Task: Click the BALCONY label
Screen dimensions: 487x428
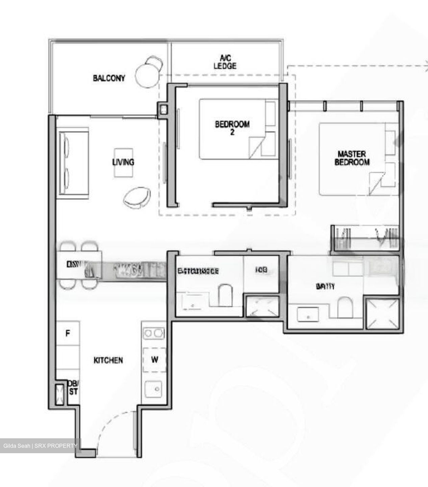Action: click(x=109, y=78)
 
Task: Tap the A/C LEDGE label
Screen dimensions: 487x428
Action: click(x=225, y=62)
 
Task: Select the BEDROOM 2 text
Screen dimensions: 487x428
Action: click(x=232, y=128)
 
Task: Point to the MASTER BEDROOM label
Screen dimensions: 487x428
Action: click(x=352, y=158)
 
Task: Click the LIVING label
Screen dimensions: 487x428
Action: click(x=123, y=162)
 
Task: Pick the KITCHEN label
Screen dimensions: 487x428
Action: click(x=108, y=360)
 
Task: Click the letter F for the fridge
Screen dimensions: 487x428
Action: click(x=68, y=333)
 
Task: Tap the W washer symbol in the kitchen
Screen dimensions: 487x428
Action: click(x=154, y=359)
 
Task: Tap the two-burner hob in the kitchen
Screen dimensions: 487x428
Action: click(x=153, y=333)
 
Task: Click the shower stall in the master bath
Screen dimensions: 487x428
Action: click(x=382, y=314)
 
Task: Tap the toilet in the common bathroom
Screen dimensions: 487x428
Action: click(x=226, y=295)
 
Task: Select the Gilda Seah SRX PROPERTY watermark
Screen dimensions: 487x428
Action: click(x=40, y=446)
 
